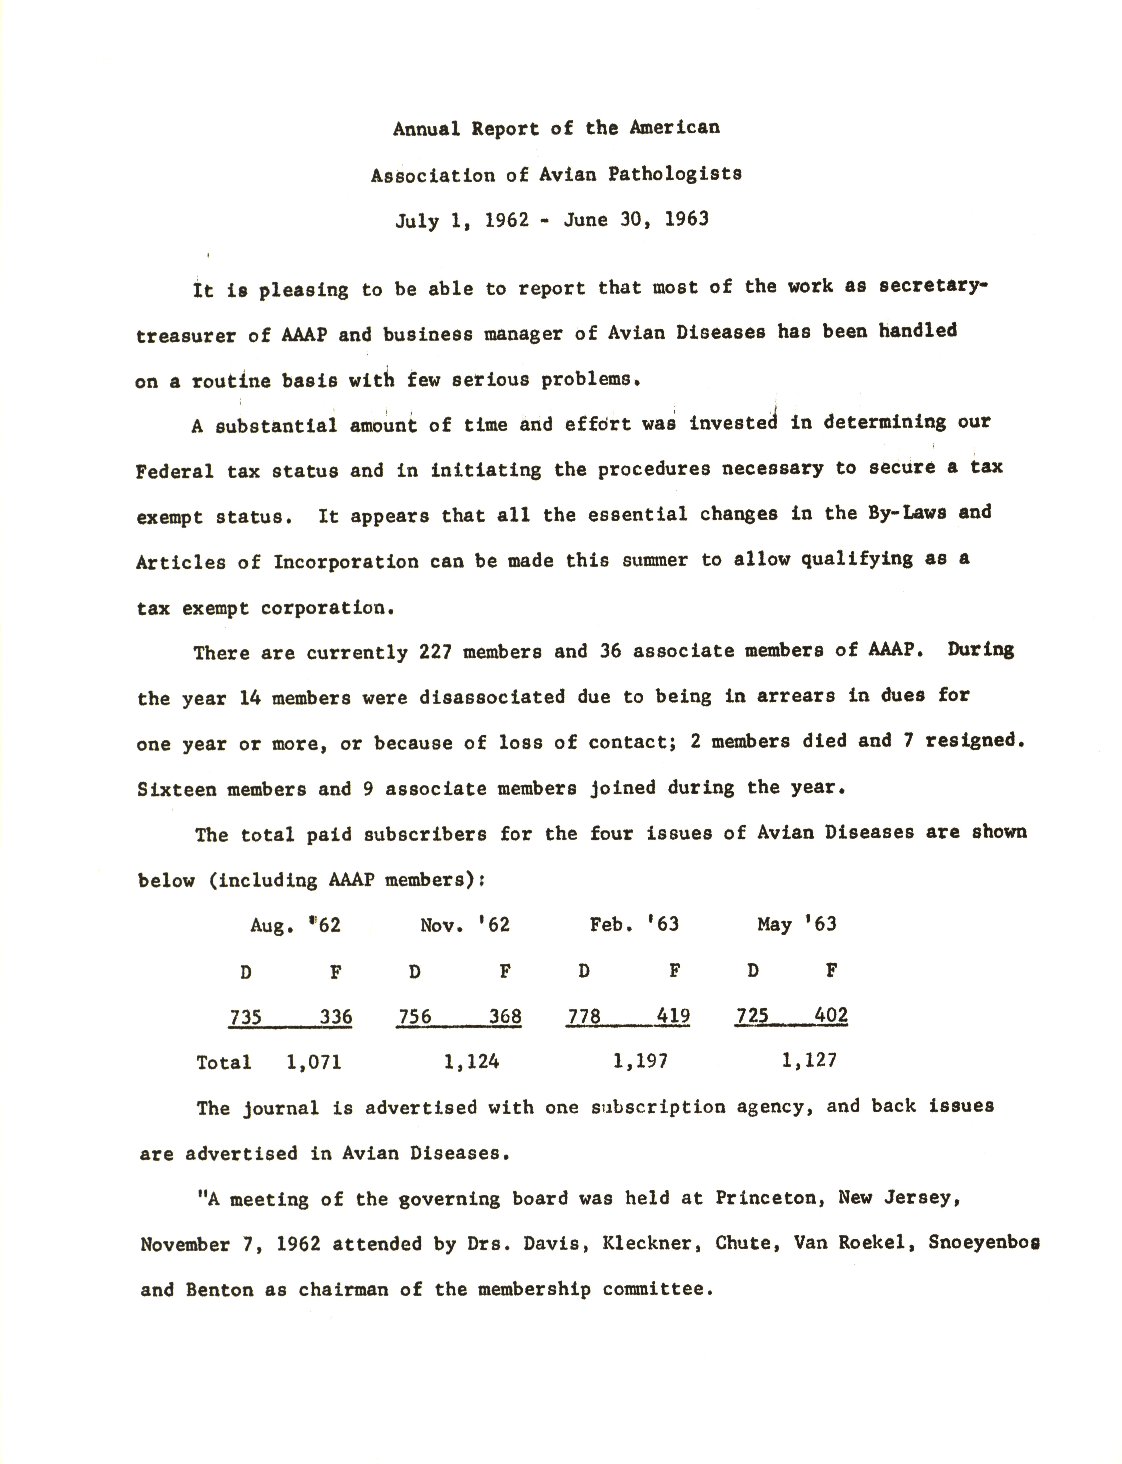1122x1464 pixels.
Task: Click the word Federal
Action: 174,471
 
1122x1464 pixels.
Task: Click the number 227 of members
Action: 435,652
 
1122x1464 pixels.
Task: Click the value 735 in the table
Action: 245,1017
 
